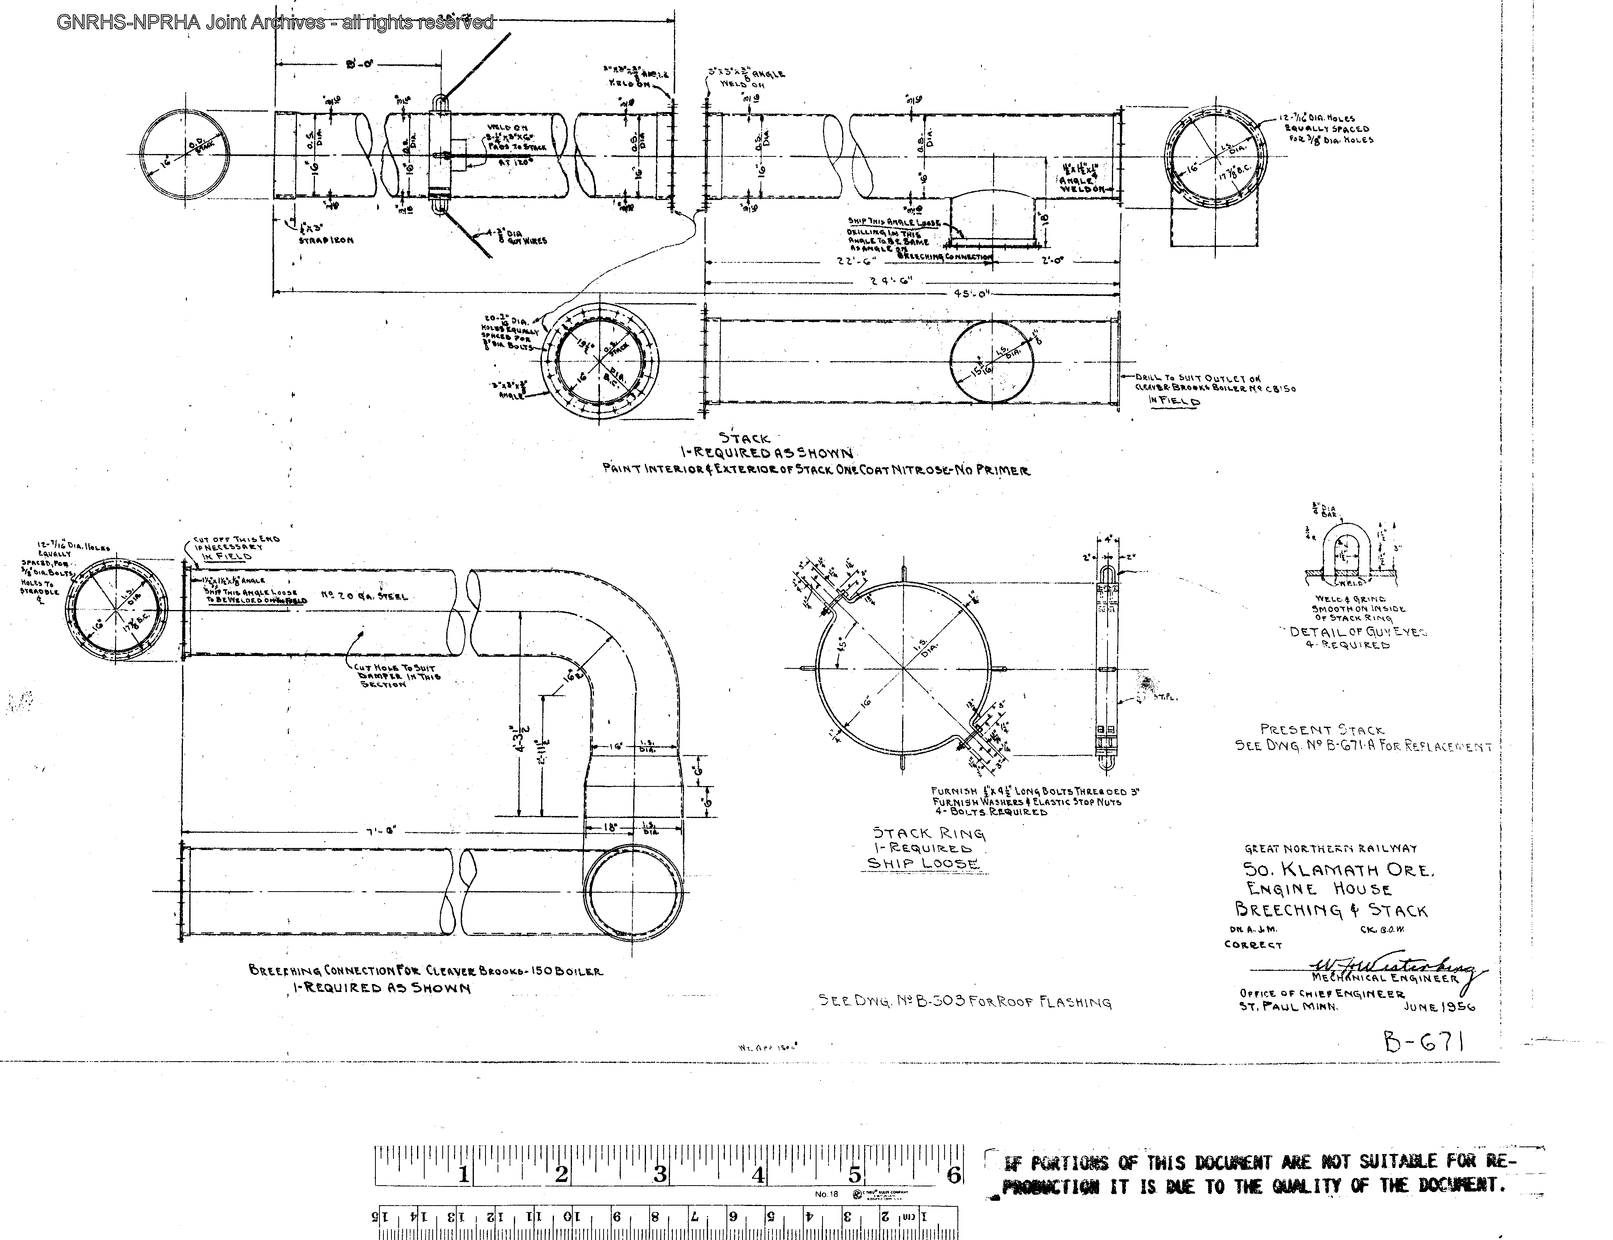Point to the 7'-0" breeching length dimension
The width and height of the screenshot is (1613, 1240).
point(381,831)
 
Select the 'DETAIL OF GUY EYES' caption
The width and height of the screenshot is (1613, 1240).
point(1358,632)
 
